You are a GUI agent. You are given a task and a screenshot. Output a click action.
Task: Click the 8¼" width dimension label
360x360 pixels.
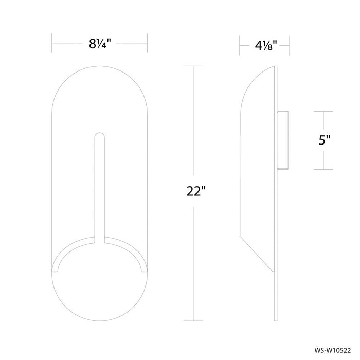coord(100,44)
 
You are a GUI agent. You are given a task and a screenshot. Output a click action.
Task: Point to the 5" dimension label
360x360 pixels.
coord(323,140)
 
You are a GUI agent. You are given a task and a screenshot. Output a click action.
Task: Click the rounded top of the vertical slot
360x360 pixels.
coord(100,136)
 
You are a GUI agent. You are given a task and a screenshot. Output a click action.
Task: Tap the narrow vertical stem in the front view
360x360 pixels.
coord(100,190)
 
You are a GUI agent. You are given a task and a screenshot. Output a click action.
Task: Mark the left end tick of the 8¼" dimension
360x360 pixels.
coord(52,44)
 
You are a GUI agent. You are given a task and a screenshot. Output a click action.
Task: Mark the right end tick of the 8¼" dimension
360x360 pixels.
coord(148,44)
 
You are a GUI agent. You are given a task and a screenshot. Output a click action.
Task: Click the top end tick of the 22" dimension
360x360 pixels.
coord(193,66)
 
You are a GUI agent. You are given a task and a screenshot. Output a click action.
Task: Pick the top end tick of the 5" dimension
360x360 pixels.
coord(323,111)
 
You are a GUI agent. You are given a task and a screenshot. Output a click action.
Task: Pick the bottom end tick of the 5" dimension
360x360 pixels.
coord(323,169)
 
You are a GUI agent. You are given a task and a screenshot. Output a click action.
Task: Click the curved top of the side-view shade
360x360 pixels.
coord(252,82)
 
